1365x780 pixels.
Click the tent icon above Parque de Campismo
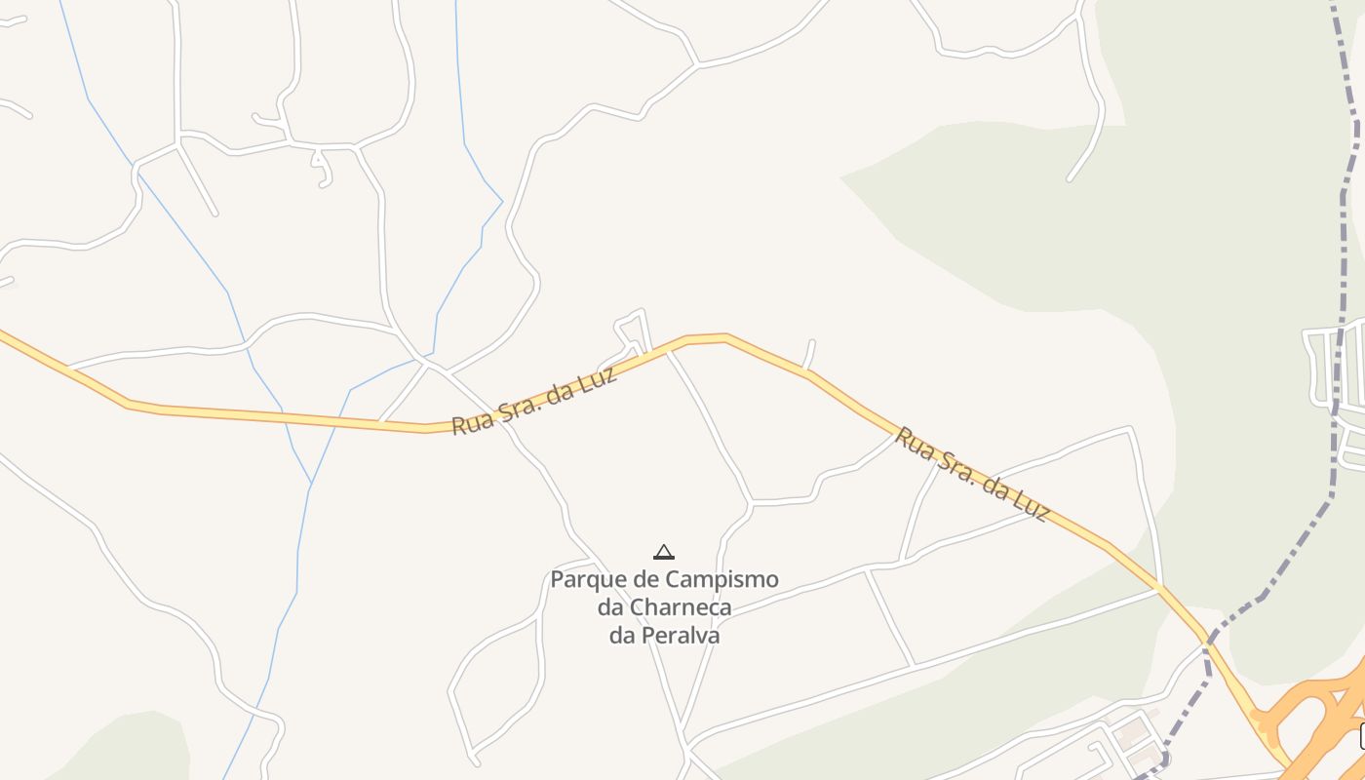(x=664, y=552)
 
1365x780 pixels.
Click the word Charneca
(x=681, y=607)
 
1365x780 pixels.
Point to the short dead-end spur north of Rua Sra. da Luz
(x=810, y=354)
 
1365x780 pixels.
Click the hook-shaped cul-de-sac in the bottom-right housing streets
(x=1102, y=757)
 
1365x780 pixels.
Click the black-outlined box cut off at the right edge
(x=1362, y=736)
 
